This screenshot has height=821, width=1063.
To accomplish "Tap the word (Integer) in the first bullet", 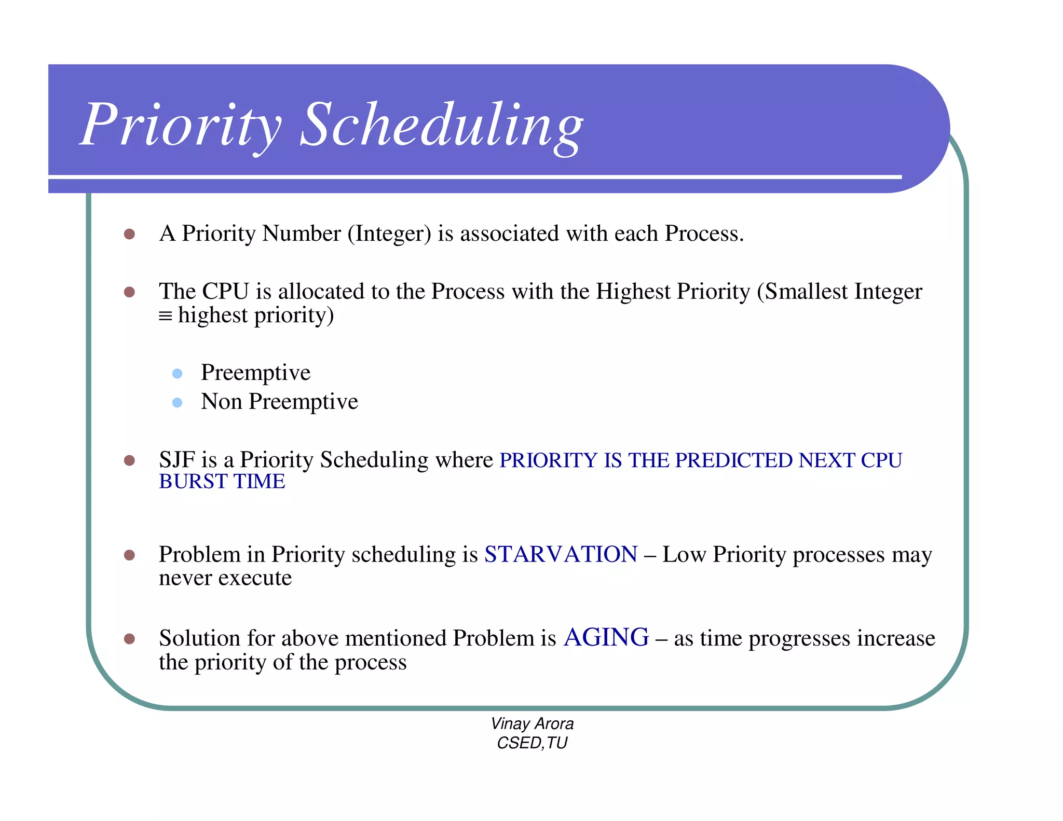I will coord(389,234).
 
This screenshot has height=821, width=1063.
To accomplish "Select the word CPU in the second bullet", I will coord(226,291).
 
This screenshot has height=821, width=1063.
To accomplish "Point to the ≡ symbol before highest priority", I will coord(165,316).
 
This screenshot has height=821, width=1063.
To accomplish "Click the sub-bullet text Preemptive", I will coord(255,373).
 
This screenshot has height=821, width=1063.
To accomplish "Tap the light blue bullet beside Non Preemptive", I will coord(178,403).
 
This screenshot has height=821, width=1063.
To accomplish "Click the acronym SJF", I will coord(176,460).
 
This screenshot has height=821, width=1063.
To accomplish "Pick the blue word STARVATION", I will coord(561,554).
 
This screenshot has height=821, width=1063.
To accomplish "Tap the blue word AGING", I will coord(606,637).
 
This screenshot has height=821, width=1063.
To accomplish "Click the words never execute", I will coord(225,578).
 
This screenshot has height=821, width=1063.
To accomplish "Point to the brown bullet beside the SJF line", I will coord(130,460).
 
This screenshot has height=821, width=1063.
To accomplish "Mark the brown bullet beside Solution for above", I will coord(130,638).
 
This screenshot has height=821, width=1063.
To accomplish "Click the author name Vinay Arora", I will coord(532,723).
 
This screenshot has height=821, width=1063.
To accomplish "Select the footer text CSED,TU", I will coord(532,743).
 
